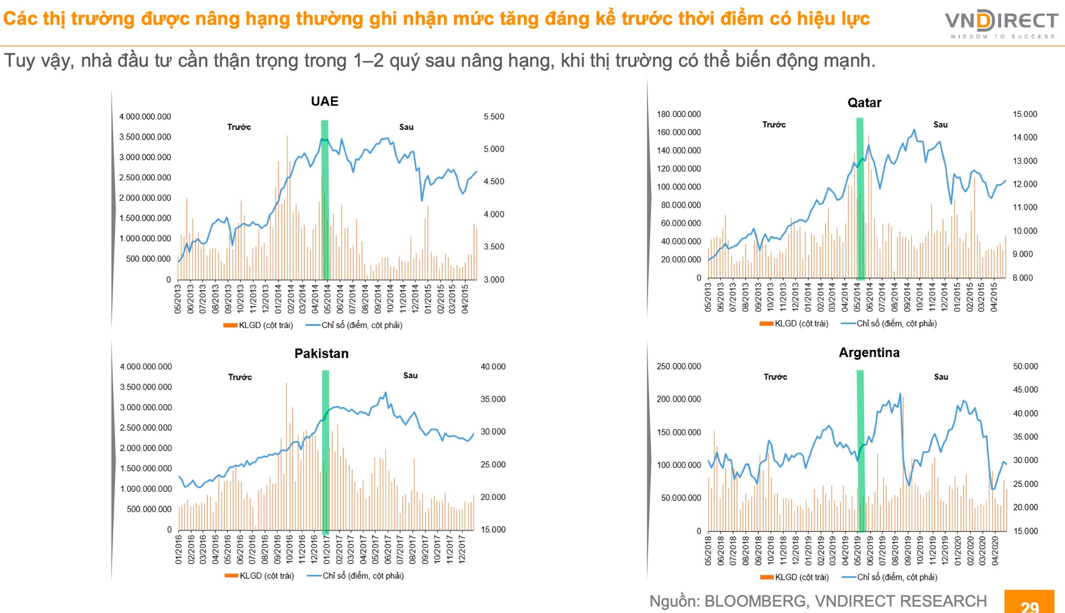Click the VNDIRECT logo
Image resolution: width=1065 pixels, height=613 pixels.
pos(1002,24)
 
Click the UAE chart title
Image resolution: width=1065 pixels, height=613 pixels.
pos(324,101)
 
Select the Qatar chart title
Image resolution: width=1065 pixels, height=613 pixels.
pos(864,103)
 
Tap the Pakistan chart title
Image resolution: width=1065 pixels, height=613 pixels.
pos(321,354)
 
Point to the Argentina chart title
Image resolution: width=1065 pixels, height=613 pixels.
pos(869,353)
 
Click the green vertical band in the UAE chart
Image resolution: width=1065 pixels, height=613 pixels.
pos(325,200)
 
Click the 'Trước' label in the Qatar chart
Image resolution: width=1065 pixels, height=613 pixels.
pos(774,125)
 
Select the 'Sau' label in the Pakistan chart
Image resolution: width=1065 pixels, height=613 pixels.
pos(410,376)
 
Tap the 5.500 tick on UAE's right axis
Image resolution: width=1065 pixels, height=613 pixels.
pos(494,117)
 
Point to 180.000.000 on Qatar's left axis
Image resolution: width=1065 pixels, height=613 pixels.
pos(678,114)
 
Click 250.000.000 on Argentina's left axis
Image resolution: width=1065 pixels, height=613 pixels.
pos(678,366)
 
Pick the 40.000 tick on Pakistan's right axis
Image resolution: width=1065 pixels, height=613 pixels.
pos(493,367)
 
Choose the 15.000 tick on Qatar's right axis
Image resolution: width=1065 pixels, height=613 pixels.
pos(1025,114)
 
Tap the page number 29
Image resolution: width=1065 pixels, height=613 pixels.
pos(1029,605)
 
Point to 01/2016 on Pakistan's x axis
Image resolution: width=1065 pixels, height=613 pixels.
pos(179,549)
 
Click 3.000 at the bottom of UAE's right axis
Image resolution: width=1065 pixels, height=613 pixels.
pos(494,280)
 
